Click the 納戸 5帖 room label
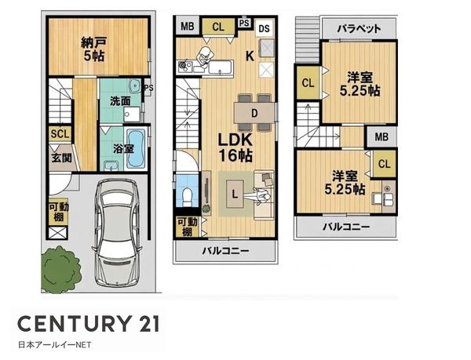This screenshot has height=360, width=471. click(x=93, y=49)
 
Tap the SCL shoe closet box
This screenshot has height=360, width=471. click(x=60, y=134)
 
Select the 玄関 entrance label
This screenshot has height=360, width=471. click(x=61, y=158)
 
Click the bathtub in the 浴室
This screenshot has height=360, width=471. click(x=135, y=148)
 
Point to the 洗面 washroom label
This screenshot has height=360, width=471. click(x=120, y=101)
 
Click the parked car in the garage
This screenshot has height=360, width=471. click(x=118, y=232)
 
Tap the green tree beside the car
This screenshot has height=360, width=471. click(x=61, y=269)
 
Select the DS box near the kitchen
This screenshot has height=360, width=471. click(x=265, y=29)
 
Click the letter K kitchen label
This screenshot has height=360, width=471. click(x=250, y=56)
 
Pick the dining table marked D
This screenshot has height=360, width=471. click(x=254, y=113)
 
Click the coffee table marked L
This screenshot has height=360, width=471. click(x=235, y=194)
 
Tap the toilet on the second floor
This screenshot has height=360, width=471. click(x=187, y=195)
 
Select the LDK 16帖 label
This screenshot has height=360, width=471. click(x=235, y=147)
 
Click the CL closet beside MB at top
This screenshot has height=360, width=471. click(x=218, y=27)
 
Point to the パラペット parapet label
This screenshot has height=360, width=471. click(x=359, y=29)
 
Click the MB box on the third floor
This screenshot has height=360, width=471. click(x=382, y=137)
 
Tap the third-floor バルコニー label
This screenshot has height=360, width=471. click(x=346, y=227)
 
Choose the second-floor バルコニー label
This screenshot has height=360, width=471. click(x=225, y=250)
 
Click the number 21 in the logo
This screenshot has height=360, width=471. click(x=147, y=324)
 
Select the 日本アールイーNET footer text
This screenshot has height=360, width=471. click(x=55, y=345)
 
